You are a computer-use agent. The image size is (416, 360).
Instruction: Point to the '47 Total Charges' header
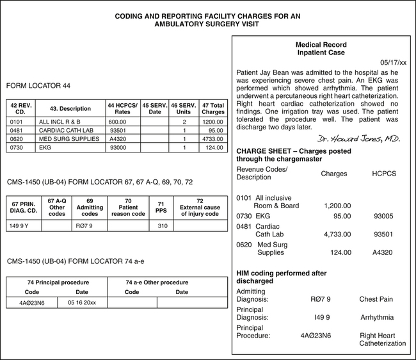tap(212, 108)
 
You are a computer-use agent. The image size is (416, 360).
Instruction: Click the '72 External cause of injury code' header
tap(200, 208)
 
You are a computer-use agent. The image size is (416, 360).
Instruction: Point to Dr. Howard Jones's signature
tap(358, 138)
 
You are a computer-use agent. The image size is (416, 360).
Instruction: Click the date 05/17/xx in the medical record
tap(393, 63)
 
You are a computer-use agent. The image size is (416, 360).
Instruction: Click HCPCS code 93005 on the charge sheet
tap(382, 216)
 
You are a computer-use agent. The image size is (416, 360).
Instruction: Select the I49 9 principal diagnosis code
tap(322, 317)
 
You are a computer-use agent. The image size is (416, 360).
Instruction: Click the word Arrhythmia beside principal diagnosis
tap(377, 317)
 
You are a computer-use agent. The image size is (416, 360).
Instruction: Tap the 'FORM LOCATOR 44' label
tap(38, 85)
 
